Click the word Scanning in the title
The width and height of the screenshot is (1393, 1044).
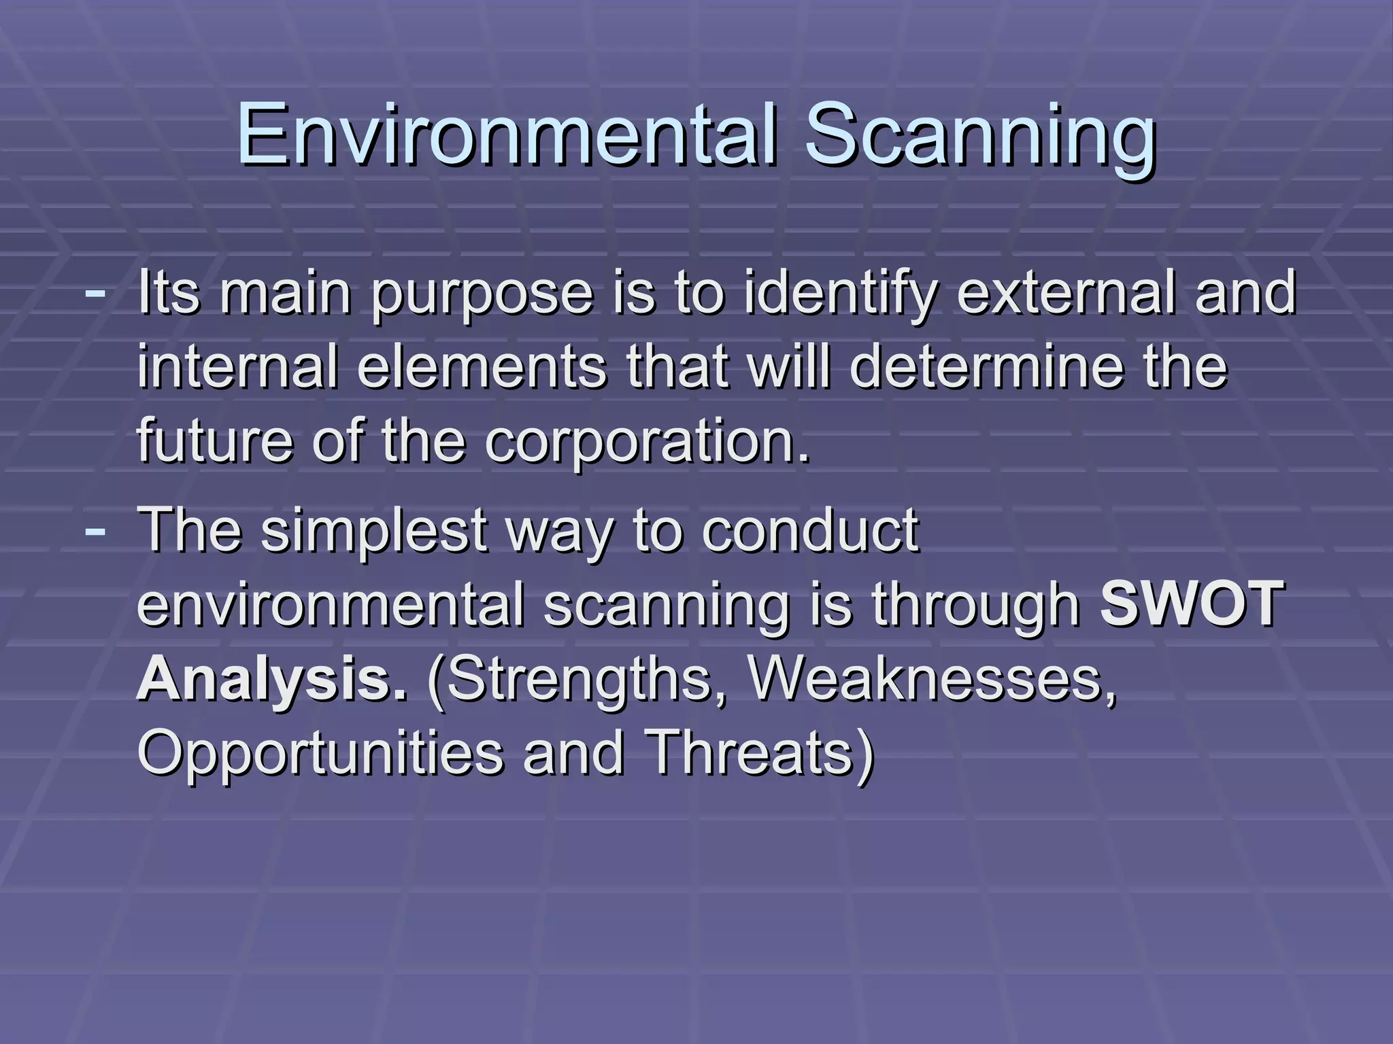click(979, 136)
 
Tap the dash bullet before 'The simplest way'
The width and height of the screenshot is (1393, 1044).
click(95, 531)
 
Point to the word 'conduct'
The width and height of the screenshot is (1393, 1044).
click(810, 531)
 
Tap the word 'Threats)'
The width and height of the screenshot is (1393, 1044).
click(759, 753)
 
